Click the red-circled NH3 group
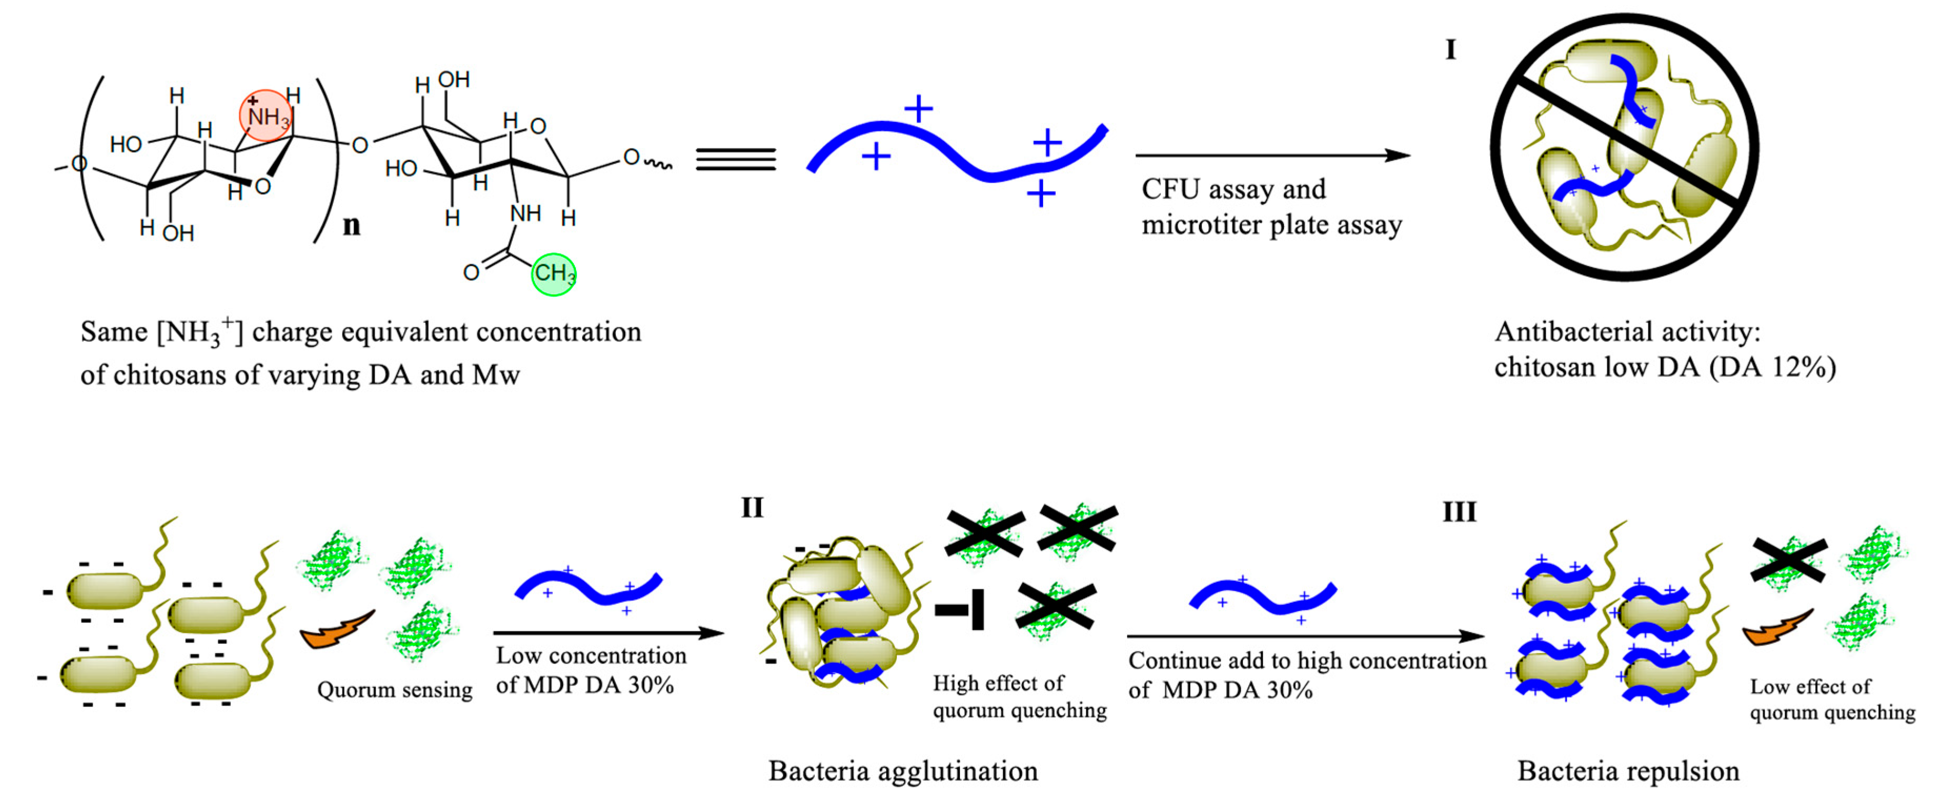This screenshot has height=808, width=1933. tap(266, 116)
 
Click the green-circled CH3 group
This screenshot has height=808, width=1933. tap(554, 274)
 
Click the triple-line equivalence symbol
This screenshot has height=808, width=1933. tap(735, 158)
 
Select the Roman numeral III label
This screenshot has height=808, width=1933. tap(1459, 512)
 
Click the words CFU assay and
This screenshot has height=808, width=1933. tap(1233, 189)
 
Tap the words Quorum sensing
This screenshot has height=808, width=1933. tap(394, 690)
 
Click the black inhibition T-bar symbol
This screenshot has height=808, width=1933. tap(960, 609)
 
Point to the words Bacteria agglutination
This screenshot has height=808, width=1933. tap(903, 771)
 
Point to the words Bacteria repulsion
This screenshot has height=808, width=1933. tap(1627, 771)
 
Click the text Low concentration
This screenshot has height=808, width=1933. tap(591, 655)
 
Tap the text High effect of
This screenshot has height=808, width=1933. tap(997, 683)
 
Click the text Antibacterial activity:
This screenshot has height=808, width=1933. tap(1627, 331)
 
